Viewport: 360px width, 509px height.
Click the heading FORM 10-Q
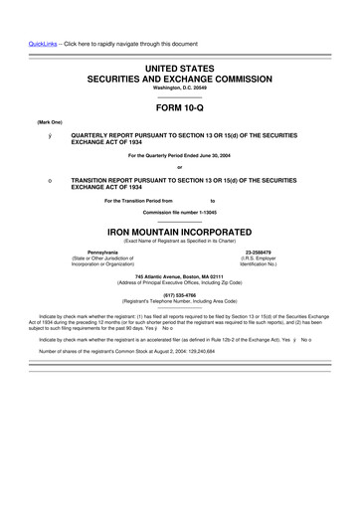[x=179, y=108]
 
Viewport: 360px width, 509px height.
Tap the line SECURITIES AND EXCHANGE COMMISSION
[x=179, y=77]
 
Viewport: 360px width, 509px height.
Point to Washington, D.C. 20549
[x=179, y=87]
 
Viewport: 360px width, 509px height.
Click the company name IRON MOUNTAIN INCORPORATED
[x=179, y=230]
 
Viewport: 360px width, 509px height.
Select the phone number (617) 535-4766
[x=179, y=294]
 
